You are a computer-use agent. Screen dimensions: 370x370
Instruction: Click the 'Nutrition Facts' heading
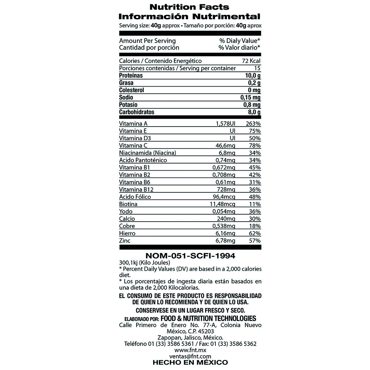(189, 7)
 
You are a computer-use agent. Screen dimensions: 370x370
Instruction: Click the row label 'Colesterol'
(131, 90)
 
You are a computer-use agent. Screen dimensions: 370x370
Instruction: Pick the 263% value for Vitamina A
(253, 124)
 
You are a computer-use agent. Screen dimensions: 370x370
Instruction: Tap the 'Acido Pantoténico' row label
(143, 160)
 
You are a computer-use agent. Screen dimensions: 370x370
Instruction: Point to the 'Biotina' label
(128, 204)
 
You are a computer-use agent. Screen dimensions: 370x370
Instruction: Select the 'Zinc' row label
(125, 241)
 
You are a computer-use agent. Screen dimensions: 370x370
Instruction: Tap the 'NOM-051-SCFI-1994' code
(190, 256)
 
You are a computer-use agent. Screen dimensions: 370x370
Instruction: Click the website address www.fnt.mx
(190, 350)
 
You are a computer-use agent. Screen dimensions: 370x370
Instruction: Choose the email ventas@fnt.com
(190, 356)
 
